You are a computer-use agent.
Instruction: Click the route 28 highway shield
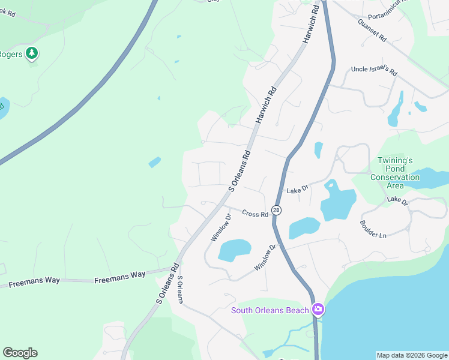click(x=276, y=210)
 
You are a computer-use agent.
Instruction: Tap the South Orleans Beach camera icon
click(x=318, y=310)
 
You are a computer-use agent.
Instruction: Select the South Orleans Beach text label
click(x=270, y=310)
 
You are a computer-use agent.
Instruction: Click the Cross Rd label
click(x=255, y=213)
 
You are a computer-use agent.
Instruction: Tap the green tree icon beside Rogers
click(x=32, y=54)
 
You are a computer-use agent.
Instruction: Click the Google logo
click(x=20, y=353)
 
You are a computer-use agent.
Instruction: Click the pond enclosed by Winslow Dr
click(x=234, y=250)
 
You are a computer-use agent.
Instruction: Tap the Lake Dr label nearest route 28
click(x=297, y=189)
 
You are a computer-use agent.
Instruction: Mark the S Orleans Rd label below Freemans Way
click(x=167, y=282)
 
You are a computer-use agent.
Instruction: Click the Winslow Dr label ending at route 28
click(x=265, y=257)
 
